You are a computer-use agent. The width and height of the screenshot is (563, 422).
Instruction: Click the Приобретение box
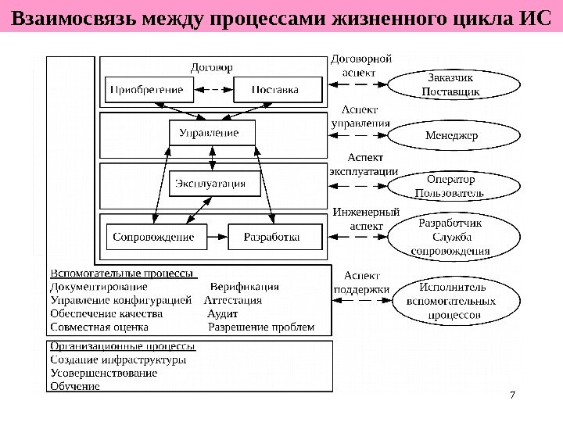(146, 90)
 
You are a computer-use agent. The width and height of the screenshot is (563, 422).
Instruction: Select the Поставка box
(275, 90)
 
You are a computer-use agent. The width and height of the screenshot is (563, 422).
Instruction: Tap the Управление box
(211, 133)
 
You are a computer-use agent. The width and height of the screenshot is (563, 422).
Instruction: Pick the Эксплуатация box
(211, 184)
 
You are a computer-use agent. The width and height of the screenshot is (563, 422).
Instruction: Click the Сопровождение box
(153, 235)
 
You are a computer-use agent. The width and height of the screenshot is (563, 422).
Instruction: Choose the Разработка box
(274, 235)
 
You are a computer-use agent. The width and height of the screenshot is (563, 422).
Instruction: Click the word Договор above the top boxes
(211, 66)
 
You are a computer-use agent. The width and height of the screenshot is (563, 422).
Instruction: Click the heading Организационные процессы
(123, 346)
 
